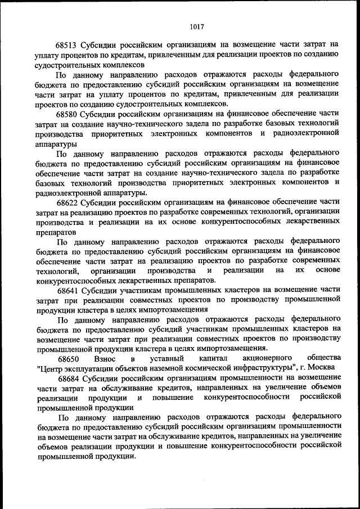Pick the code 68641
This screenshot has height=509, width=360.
tap(67, 291)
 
